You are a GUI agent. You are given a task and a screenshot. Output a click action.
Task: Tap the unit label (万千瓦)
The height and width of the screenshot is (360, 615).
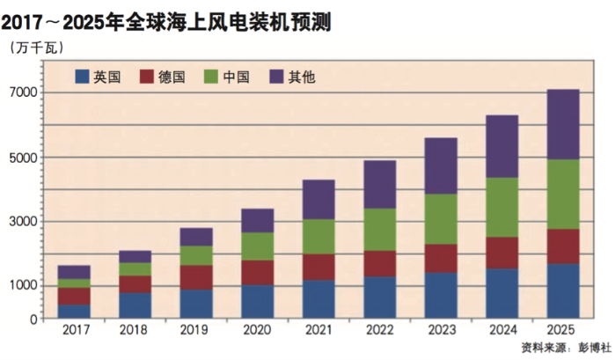[x=36, y=47]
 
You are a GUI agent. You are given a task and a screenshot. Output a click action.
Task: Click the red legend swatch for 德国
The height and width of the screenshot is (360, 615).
[x=148, y=77]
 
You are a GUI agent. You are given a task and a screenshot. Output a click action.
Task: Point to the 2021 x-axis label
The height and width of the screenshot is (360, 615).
[x=318, y=329]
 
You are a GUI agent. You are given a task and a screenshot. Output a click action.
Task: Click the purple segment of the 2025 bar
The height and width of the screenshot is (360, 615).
[x=563, y=124]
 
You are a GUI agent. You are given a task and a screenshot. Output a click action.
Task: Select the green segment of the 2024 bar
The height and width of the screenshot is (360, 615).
[x=502, y=207]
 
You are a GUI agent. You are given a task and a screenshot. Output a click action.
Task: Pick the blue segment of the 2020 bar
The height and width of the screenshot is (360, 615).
[x=257, y=301]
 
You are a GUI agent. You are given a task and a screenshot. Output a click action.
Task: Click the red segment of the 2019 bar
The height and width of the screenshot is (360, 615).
[x=196, y=277]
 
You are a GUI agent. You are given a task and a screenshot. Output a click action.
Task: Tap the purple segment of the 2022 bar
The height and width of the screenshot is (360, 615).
[x=379, y=184]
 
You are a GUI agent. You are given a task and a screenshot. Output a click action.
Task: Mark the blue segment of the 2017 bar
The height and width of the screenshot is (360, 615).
[x=74, y=311]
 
